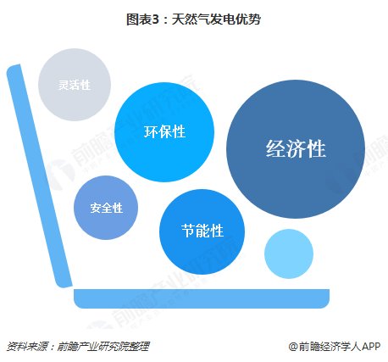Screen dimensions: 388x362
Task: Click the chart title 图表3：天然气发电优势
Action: pos(193,19)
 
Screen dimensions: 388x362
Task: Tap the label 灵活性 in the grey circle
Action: pos(75,85)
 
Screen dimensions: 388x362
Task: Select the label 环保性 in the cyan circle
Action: pos(164,131)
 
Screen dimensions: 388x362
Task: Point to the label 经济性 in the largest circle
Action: pos(296,149)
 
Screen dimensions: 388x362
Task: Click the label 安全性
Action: pos(107,208)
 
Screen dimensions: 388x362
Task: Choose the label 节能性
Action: pos(202,231)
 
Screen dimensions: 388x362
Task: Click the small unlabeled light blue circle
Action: pos(289,253)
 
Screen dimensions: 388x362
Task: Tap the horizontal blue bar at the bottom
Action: pos(202,298)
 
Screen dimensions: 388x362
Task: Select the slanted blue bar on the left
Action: pos(40,176)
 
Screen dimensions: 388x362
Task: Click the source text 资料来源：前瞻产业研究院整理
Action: pos(78,346)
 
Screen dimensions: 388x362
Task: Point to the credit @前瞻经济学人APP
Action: pos(335,346)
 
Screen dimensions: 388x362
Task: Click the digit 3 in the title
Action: pos(155,19)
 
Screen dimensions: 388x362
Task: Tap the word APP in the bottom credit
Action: pos(371,346)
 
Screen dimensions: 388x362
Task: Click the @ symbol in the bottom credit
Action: pos(293,347)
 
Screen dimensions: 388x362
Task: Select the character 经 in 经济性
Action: pos(275,149)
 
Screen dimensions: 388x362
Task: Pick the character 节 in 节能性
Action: pos(188,231)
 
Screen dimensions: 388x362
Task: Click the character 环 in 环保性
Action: pos(151,131)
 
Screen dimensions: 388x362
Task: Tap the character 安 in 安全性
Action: pos(96,208)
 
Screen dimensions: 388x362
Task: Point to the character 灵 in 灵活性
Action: pos(64,85)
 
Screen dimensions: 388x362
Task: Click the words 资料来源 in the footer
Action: pos(27,346)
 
